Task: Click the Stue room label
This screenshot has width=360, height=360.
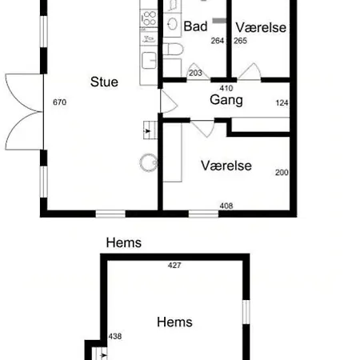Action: point(104,82)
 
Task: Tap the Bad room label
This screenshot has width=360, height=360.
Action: point(195,26)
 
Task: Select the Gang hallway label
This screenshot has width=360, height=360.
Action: point(226,100)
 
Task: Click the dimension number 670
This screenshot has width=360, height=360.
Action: point(59,102)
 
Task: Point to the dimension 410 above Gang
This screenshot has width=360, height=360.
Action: point(226,88)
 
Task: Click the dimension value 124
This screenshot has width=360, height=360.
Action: point(282,102)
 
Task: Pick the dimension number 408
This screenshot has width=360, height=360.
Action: point(226,206)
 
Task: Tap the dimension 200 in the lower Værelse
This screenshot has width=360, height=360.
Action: point(282,173)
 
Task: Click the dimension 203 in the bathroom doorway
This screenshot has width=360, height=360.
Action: point(195,73)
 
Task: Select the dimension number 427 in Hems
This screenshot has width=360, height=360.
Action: point(174,266)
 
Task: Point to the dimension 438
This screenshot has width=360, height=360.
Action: point(115,336)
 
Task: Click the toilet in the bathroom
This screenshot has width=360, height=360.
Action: point(173,50)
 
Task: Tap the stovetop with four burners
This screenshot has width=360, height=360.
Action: point(149,18)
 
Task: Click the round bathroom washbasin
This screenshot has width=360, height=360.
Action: point(172,24)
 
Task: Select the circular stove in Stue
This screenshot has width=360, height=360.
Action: point(149,162)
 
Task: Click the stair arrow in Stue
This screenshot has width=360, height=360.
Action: point(147,131)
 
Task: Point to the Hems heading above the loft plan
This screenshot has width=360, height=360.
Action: point(124,242)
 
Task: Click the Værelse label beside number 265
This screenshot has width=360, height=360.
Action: point(261,27)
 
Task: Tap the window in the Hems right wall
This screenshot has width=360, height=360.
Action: point(246,312)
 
